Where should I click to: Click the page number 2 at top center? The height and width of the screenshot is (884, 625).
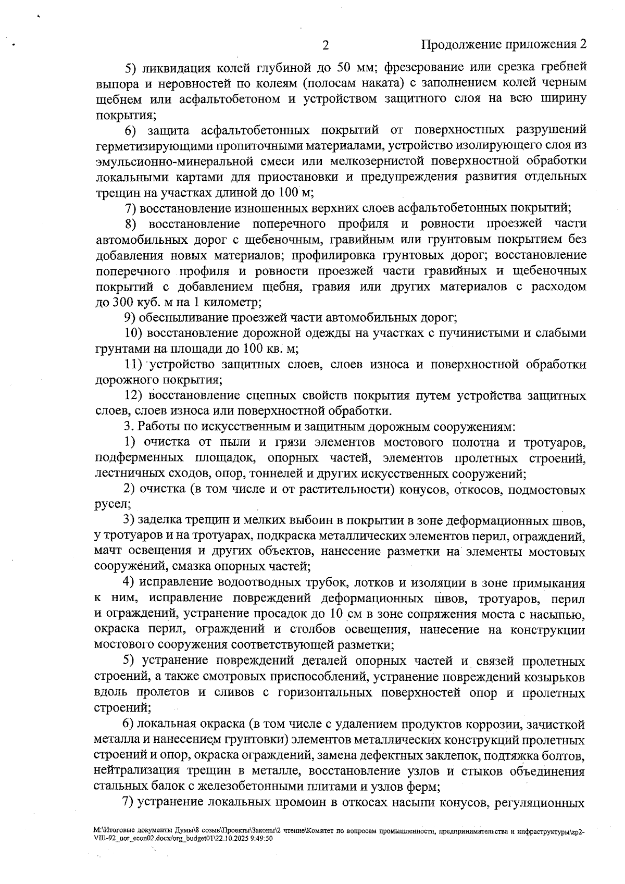click(326, 45)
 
